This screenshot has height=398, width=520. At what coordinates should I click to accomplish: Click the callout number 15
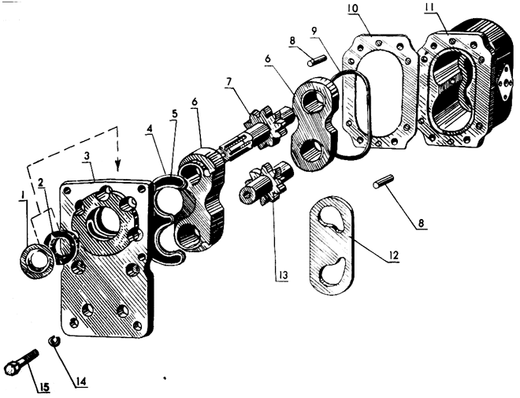click(44, 387)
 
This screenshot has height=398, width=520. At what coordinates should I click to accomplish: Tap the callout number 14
click(81, 381)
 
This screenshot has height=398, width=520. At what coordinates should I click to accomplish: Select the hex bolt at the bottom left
click(21, 362)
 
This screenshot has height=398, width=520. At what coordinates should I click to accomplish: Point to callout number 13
click(282, 276)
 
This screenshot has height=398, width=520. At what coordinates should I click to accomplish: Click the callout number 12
click(393, 255)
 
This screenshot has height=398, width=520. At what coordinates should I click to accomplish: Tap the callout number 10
click(352, 9)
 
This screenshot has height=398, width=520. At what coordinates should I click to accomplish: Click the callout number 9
click(314, 31)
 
